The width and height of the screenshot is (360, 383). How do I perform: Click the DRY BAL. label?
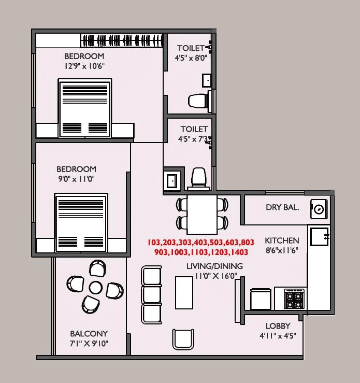tap(282, 207)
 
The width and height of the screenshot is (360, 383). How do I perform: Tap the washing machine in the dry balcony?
tap(319, 209)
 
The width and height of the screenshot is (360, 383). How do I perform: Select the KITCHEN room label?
tap(282, 240)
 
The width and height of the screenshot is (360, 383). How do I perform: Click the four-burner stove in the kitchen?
tap(295, 299)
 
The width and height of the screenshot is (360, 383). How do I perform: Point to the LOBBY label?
tap(278, 326)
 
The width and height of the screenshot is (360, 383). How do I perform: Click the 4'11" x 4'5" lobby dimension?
tap(278, 336)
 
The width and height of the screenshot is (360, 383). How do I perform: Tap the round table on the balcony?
tap(95, 287)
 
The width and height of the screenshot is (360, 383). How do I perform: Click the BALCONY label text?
tap(89, 334)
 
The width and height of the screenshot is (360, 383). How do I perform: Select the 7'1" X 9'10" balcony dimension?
tap(89, 344)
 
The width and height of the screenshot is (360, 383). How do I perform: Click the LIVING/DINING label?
tap(215, 266)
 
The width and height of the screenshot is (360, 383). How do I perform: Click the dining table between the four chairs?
tap(202, 214)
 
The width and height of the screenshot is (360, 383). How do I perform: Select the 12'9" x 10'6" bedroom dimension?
tap(84, 66)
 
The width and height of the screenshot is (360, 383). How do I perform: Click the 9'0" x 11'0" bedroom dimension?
tap(76, 179)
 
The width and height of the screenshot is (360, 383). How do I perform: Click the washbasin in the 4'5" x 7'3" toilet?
tap(172, 180)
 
